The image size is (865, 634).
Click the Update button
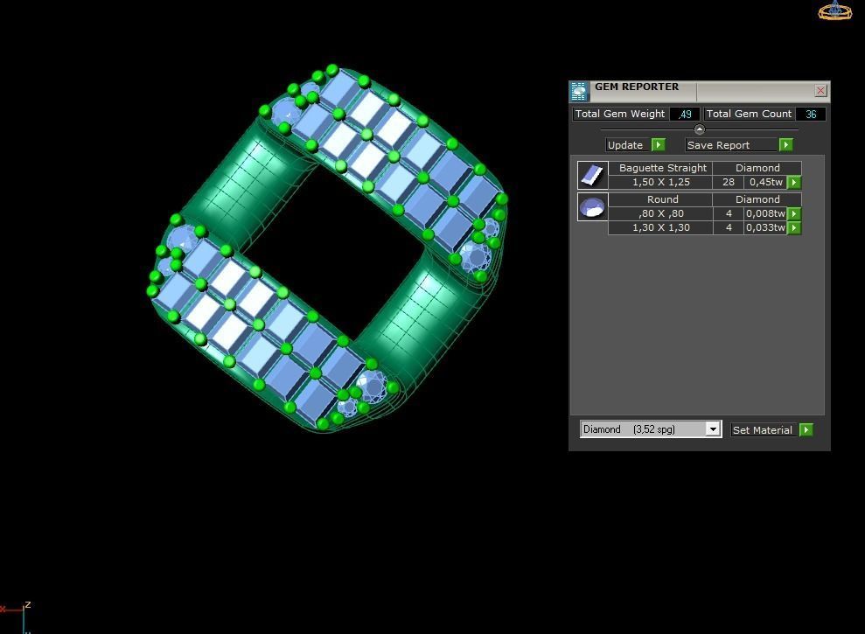[626, 145]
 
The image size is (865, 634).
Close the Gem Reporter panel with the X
[820, 90]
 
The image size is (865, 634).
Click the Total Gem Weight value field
[685, 114]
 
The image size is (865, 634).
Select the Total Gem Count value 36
[811, 114]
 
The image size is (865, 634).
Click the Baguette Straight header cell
[662, 168]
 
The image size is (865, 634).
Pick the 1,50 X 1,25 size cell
[661, 182]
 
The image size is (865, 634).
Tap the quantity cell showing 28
[728, 182]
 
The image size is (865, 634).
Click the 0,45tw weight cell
[765, 182]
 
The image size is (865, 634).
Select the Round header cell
[662, 199]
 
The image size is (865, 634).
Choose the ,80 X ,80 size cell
[661, 213]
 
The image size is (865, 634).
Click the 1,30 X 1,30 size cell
[661, 227]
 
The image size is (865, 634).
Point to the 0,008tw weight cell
[765, 213]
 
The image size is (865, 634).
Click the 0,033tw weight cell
[765, 227]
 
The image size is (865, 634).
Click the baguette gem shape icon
[592, 175]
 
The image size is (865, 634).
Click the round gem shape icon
[592, 207]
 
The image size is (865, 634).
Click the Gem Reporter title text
[637, 87]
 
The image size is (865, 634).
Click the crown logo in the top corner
[834, 10]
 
